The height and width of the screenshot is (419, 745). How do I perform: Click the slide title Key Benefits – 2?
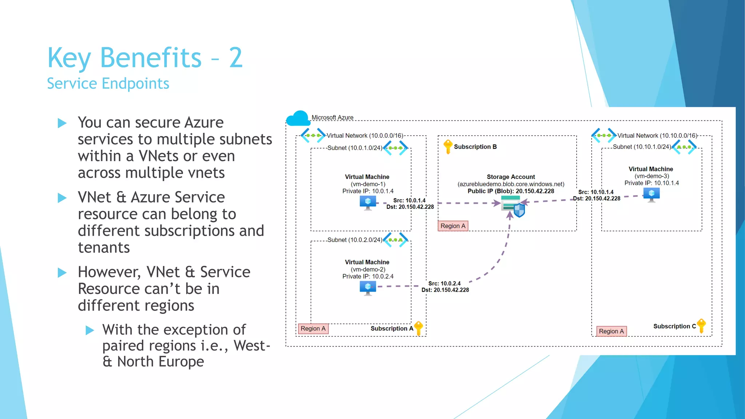click(145, 57)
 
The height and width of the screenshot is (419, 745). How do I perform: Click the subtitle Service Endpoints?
click(108, 84)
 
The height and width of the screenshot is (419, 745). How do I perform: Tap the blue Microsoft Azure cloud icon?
click(298, 119)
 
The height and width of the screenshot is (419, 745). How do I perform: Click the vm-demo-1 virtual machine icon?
click(368, 203)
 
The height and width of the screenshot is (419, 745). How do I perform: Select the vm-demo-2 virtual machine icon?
click(368, 288)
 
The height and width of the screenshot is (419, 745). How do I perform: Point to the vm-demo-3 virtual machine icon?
click(651, 195)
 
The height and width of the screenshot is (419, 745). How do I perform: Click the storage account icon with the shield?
click(513, 206)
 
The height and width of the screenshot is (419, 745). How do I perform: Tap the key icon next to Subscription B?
click(448, 147)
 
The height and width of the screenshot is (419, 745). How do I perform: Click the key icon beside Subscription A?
click(419, 328)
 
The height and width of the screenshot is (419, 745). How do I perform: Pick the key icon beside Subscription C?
click(701, 326)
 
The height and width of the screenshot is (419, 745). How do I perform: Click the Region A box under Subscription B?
click(453, 226)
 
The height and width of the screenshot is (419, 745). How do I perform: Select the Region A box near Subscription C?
click(611, 331)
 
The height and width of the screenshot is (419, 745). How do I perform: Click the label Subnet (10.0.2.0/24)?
click(355, 240)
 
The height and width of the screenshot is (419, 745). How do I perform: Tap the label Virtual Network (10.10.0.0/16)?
click(657, 136)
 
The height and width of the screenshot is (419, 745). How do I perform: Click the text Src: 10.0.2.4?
click(444, 283)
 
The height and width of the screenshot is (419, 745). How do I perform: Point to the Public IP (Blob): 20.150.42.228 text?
click(511, 191)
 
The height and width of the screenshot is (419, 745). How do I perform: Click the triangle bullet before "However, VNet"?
click(62, 272)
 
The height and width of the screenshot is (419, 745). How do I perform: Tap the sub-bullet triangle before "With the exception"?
click(89, 330)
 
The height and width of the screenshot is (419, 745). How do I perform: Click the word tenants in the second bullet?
click(104, 248)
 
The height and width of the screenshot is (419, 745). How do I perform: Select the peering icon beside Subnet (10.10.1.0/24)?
click(684, 147)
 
